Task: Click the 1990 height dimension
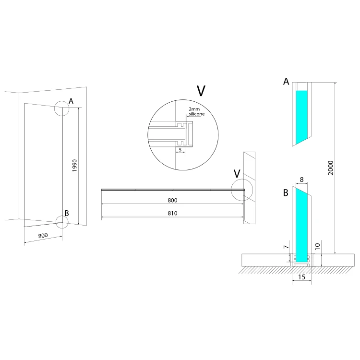coord(74,166)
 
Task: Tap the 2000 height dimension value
coord(330,168)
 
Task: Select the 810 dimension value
coord(172,213)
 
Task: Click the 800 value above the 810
coord(172,200)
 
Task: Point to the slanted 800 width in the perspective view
coord(43,236)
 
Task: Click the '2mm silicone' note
coord(196,111)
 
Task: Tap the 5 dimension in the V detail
coord(180,150)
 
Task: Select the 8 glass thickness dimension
coord(302,180)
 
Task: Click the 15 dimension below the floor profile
coord(302,277)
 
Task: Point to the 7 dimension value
coord(286,247)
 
